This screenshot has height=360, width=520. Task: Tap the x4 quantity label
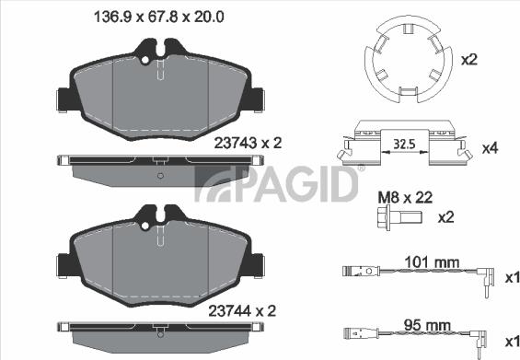click(x=490, y=147)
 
